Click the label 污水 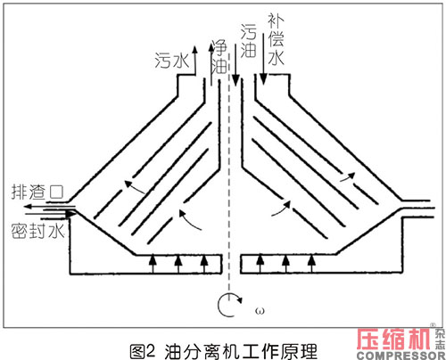[x=172, y=61]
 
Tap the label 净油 [x=220, y=57]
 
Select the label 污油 [x=248, y=41]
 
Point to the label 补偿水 [x=277, y=39]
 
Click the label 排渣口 [x=37, y=192]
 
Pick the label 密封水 [x=37, y=231]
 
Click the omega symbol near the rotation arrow [x=260, y=311]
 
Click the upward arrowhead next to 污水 [x=195, y=50]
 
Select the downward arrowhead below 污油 [x=235, y=80]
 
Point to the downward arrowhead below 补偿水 [x=263, y=79]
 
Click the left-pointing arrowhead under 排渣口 [x=29, y=207]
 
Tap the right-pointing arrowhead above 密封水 [x=71, y=214]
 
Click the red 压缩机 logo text [x=394, y=339]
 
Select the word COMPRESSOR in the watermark [x=401, y=356]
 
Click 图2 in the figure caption [x=143, y=351]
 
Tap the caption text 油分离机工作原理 [x=241, y=352]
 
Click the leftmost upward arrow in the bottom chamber [x=153, y=263]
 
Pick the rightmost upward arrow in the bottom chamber [x=311, y=263]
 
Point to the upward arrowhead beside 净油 [x=211, y=49]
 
